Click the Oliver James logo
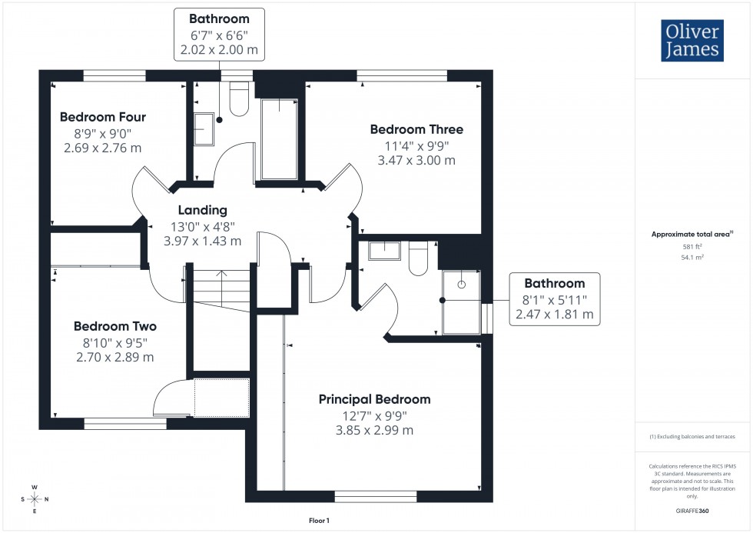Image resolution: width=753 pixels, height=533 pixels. pos(692,42)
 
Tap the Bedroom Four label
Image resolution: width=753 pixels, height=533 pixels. pos(103,117)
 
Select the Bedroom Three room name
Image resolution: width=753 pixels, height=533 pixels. pos(416,129)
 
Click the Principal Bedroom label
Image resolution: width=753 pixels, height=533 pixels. pos(375,399)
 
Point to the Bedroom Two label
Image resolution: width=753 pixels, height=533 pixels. pos(114,326)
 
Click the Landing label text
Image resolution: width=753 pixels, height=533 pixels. pos(203,210)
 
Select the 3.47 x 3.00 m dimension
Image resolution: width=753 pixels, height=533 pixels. pos(416,161)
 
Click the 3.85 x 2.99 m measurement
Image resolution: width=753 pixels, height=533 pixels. pos(375,430)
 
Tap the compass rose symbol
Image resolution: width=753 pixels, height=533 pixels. pos(35,499)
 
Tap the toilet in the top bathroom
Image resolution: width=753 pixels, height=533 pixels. pos(239,102)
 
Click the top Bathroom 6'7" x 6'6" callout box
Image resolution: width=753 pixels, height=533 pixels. pos(219,35)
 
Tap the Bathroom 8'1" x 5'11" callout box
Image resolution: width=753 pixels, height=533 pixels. pos(554,299)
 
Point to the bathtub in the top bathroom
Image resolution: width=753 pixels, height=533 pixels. pos(279,138)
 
